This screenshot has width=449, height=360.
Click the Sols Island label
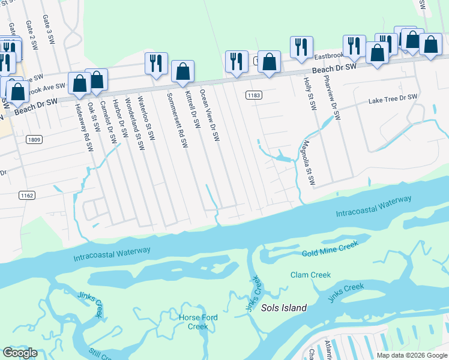pos(284,308)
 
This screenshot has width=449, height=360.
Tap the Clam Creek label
pos(310,275)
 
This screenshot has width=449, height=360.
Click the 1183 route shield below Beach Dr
pos(254,95)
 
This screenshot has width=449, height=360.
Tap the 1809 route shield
pos(34,140)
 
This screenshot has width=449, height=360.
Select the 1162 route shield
pos(26,195)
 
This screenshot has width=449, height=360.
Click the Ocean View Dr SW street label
pos(210,116)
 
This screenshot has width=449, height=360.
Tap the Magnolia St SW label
pos(309,163)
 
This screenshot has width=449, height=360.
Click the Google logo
pos(20,353)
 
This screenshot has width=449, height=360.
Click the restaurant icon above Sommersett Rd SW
pos(155,64)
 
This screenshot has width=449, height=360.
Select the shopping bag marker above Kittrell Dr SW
pos(182,71)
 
